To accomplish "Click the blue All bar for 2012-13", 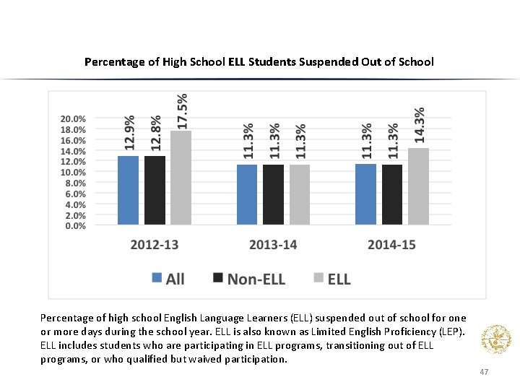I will pos(129,190).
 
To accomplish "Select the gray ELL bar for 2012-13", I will pos(181,178).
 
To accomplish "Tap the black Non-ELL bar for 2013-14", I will pos(273,194).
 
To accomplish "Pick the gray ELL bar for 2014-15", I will pos(418,186).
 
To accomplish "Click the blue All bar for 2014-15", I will pos(365,194).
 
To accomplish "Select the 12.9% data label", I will pos(129,133).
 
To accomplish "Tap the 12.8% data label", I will pos(155,133).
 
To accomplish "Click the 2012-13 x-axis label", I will pos(154,245).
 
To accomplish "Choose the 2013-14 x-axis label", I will pos(273,245).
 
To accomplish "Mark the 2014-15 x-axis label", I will pos(391,245).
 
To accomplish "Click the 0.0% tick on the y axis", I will pos(71,226).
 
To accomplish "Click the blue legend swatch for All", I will pos(157,279).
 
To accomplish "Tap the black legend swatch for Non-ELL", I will pos(217,279).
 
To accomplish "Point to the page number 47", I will pos(484,372).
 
